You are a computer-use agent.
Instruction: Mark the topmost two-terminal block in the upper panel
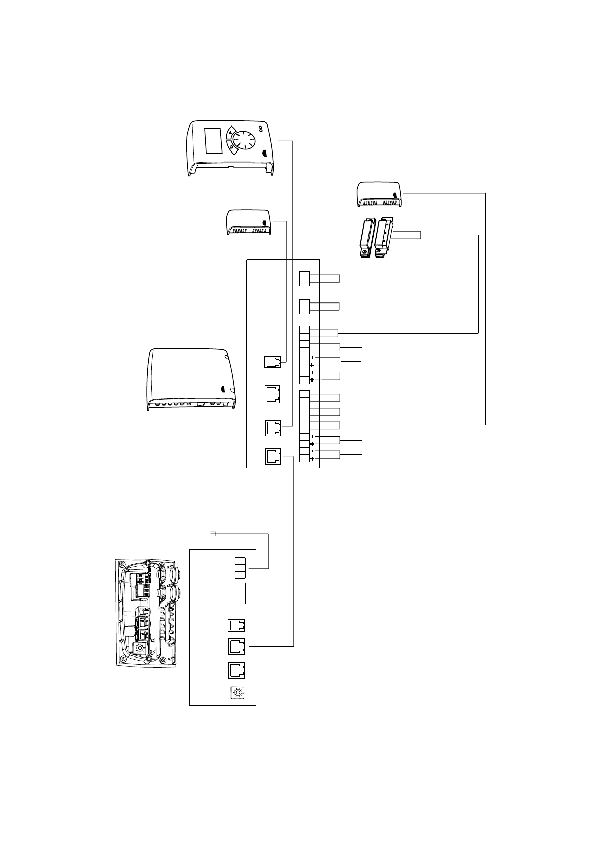pyautogui.click(x=304, y=279)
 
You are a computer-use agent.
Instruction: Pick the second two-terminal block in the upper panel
pyautogui.click(x=304, y=306)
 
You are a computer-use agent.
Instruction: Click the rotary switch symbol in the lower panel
pyautogui.click(x=236, y=693)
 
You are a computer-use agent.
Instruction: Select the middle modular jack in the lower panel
pyautogui.click(x=236, y=646)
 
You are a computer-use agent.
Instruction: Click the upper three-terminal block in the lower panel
pyautogui.click(x=240, y=568)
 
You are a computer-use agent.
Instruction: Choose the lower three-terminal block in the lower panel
pyautogui.click(x=240, y=593)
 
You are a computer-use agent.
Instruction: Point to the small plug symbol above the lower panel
pyautogui.click(x=213, y=534)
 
